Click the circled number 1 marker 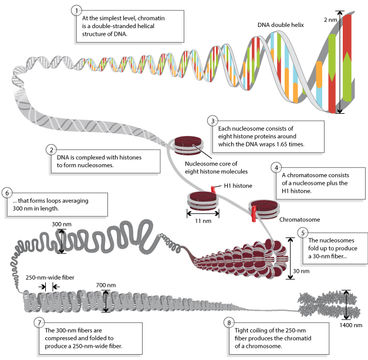75,11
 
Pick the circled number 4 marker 275,167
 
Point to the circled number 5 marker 302,233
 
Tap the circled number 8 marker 228,322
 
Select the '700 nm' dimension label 106,286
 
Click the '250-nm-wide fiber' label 50,277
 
